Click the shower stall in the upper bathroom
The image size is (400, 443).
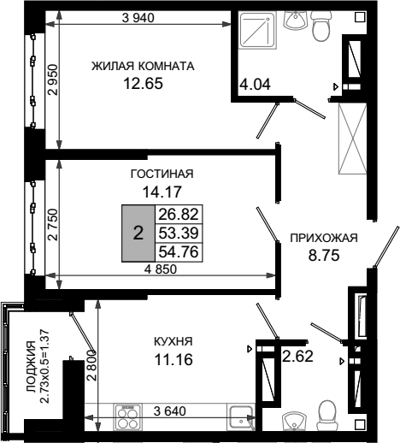click(x=257, y=31)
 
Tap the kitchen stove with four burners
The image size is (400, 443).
click(x=128, y=416)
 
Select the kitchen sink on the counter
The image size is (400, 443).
click(x=241, y=417)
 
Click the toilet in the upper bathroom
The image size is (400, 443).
click(x=321, y=27)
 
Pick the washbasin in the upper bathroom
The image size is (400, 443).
click(x=296, y=21)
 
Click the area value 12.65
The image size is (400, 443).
click(x=143, y=84)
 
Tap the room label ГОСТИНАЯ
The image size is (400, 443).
click(x=162, y=174)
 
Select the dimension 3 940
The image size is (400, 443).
click(x=138, y=18)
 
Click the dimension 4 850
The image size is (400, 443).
click(x=161, y=269)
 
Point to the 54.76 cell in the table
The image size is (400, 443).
click(x=179, y=252)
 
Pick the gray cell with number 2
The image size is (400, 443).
click(x=138, y=233)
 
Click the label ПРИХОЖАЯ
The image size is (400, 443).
click(x=324, y=238)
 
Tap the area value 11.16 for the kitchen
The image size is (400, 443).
click(x=174, y=359)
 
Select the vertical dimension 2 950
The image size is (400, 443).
click(x=53, y=80)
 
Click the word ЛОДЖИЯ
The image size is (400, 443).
click(x=31, y=367)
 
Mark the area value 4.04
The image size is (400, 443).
click(x=255, y=85)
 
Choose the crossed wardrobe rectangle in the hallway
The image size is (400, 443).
click(x=352, y=139)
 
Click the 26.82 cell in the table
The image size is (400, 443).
click(x=179, y=214)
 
